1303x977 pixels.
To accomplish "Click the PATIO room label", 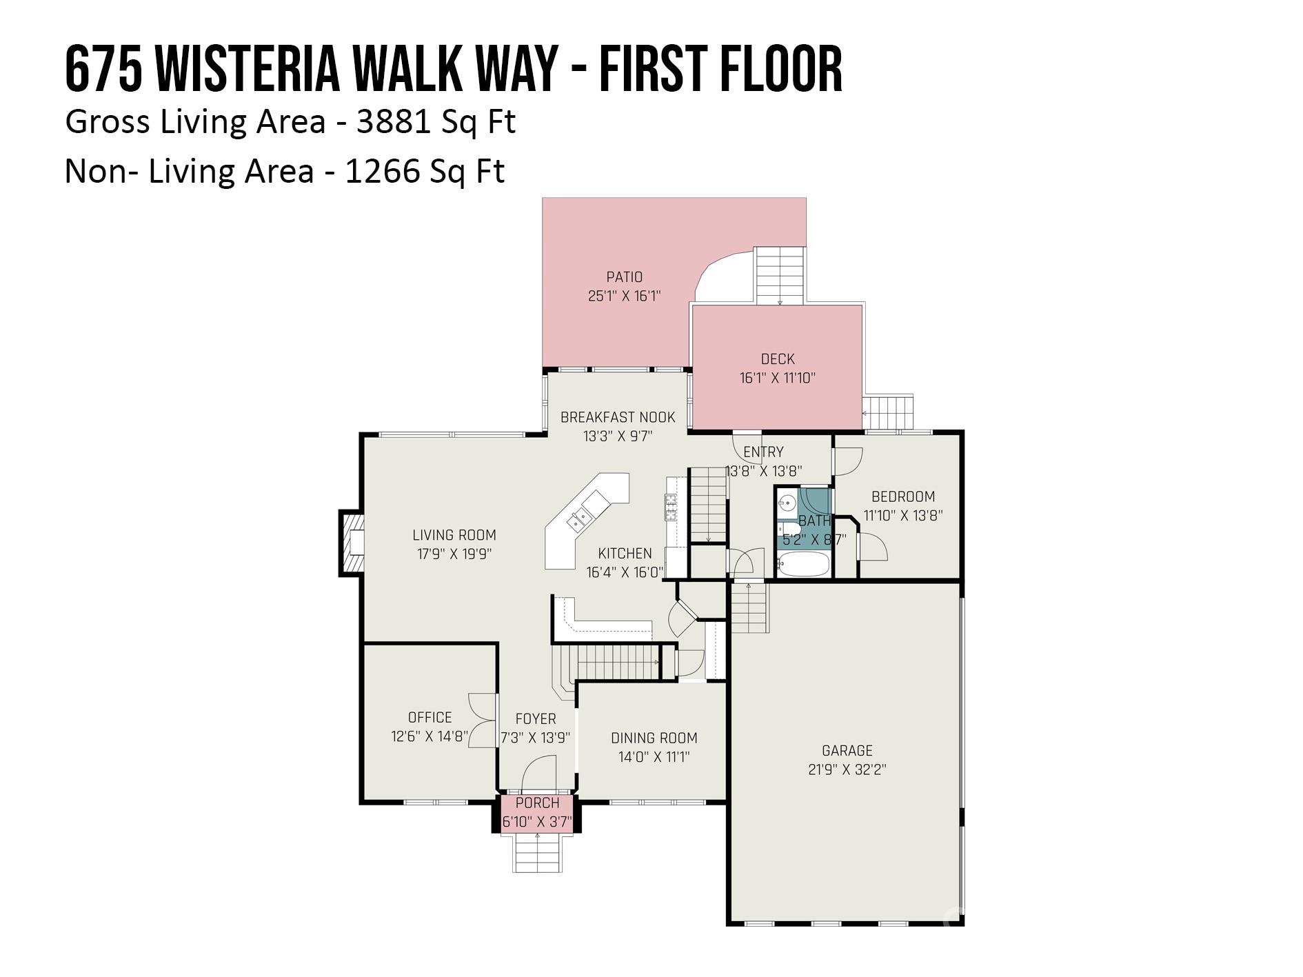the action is [x=624, y=277].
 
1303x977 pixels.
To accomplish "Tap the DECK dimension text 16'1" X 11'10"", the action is [x=777, y=378].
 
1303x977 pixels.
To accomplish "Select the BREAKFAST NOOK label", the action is [x=618, y=417].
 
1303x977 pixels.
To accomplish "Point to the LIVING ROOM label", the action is [x=454, y=535].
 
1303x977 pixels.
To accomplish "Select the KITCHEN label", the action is [x=625, y=554].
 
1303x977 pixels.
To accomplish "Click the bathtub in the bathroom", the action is [x=803, y=565].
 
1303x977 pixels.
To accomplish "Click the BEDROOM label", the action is [x=903, y=496].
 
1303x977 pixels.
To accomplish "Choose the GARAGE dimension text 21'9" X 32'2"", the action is [x=847, y=769].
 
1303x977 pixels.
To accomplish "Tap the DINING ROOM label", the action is [x=654, y=738].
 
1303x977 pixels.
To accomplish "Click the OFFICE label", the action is [x=430, y=717].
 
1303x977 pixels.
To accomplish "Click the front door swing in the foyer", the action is [x=538, y=774].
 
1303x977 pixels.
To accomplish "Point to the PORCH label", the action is [x=537, y=803].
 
